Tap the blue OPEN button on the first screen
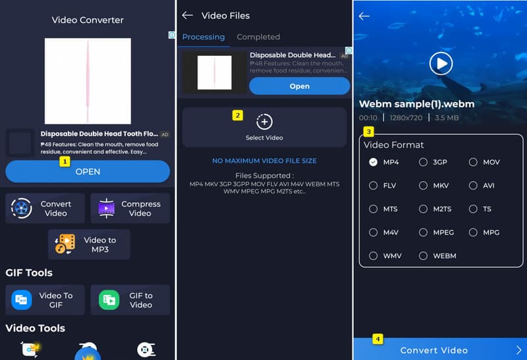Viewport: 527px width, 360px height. tap(88, 171)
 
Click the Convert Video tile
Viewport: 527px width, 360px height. tap(45, 209)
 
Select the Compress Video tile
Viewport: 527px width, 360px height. tap(130, 209)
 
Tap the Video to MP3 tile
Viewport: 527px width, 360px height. tap(89, 245)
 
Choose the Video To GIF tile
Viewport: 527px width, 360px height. tap(45, 300)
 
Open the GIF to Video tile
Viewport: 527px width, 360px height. tap(130, 300)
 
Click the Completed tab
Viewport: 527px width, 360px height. tap(258, 37)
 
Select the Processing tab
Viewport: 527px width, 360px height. tap(204, 37)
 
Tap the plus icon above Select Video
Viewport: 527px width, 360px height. tap(264, 122)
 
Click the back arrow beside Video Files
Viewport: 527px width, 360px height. tap(188, 15)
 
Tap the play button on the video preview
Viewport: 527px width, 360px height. tap(441, 63)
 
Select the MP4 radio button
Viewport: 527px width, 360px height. tap(374, 162)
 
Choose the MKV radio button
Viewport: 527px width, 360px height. tap(424, 186)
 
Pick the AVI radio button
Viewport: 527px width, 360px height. tap(473, 186)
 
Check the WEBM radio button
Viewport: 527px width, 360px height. tap(424, 255)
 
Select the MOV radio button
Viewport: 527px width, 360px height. tap(473, 162)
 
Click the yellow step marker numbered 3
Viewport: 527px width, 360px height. tap(369, 131)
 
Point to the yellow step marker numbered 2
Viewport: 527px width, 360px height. tap(238, 115)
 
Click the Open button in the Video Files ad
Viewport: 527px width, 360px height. tap(299, 86)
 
